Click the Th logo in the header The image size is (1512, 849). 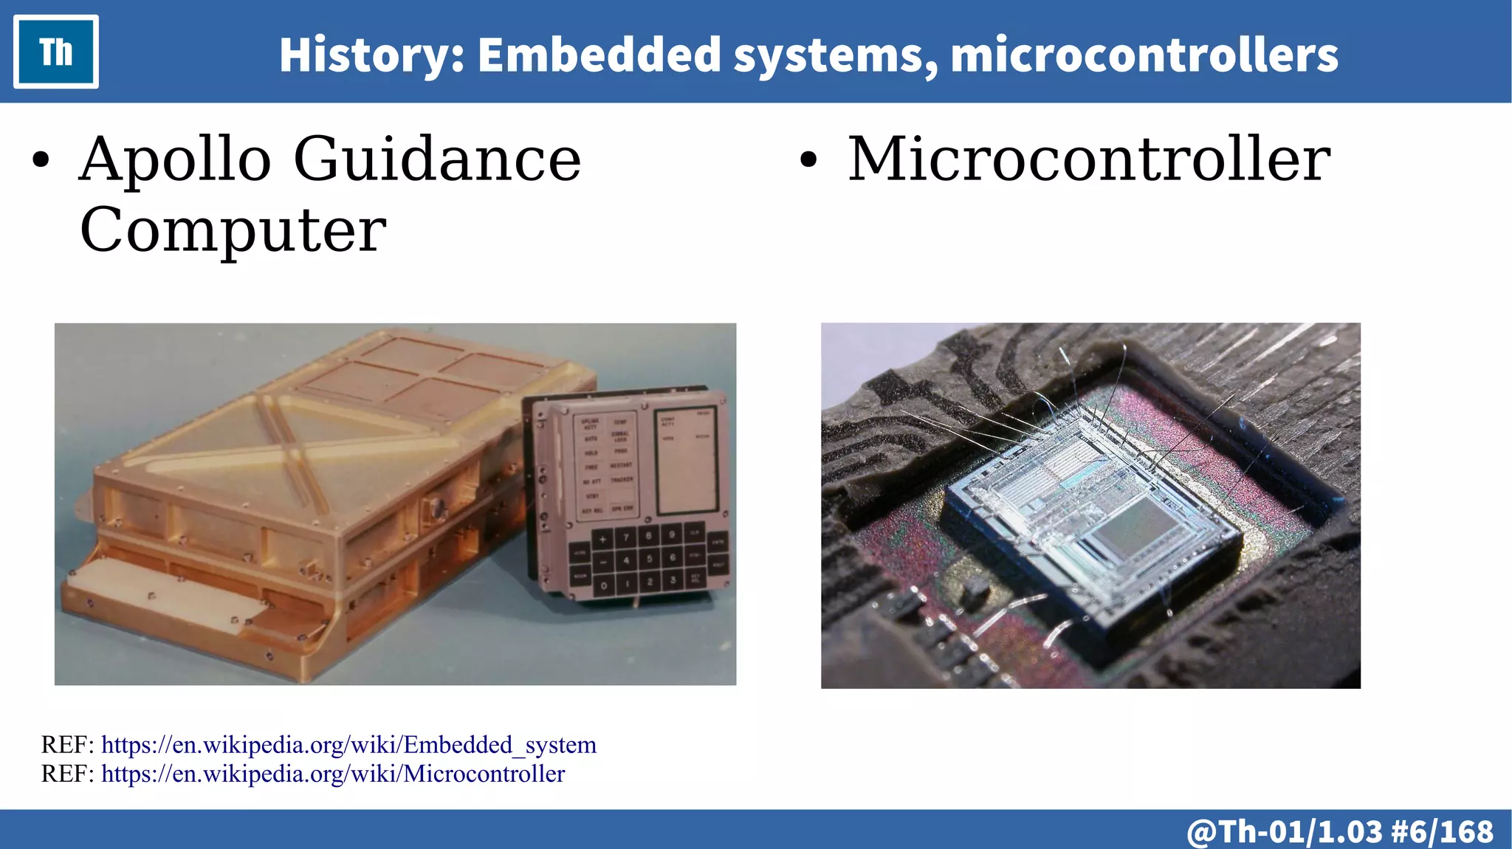56,52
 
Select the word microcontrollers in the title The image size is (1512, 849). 1144,55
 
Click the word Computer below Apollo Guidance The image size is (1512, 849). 233,230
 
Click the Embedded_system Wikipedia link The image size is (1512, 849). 348,745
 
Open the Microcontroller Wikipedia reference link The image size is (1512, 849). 333,774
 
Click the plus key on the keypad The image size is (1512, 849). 602,540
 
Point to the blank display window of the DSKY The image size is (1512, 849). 687,461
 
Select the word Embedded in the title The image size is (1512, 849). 599,55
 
